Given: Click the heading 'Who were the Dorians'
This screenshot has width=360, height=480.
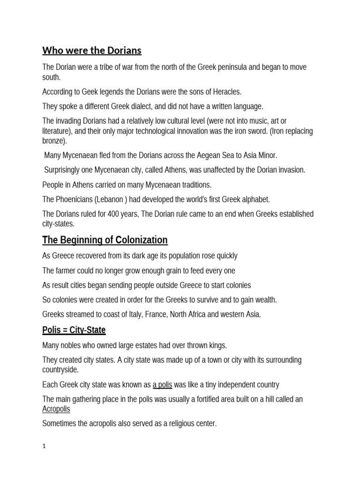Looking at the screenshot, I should [x=92, y=50].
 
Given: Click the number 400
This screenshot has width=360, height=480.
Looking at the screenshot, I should [x=116, y=214].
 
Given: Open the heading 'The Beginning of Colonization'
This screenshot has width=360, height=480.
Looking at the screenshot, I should [x=105, y=240].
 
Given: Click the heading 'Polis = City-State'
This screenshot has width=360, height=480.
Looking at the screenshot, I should [x=74, y=330].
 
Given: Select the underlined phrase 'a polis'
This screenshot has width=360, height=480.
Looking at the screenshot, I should [x=162, y=385].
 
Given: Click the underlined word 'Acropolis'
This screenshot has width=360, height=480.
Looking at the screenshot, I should [x=56, y=409].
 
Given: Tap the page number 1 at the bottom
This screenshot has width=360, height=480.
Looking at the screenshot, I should [x=44, y=447].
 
